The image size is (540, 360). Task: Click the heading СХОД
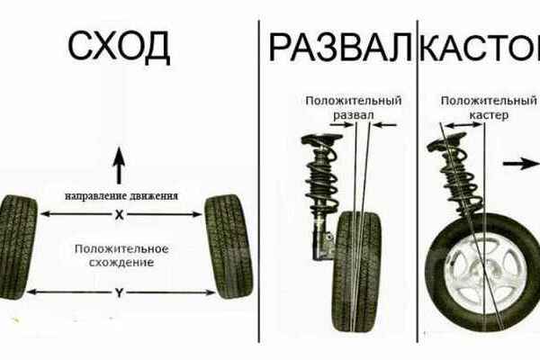119,46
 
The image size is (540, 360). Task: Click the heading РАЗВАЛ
340,47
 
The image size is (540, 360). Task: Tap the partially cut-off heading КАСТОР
480,47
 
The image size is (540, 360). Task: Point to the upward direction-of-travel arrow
119,166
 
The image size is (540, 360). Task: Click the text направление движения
121,196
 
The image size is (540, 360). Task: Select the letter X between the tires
119,215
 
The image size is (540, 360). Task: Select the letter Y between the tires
119,293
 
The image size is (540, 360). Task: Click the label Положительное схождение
121,256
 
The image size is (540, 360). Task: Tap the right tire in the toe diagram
229,247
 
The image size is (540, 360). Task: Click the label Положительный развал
354,108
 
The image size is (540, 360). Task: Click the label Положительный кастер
489,108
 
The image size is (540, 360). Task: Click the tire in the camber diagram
357,272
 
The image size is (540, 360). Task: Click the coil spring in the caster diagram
461,179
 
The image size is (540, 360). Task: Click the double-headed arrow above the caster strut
463,125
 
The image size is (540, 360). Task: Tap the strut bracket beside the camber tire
323,241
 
